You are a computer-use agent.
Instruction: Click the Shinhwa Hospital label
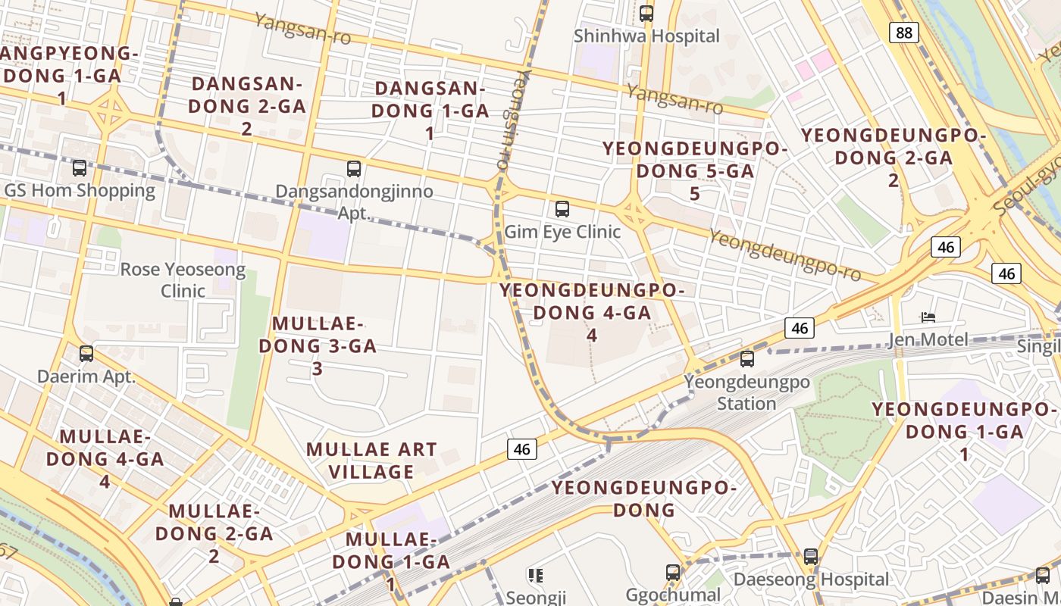click(646, 36)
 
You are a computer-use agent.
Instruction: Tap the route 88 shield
click(903, 32)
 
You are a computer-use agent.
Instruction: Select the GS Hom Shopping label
click(80, 190)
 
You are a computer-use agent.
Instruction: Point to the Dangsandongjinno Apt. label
click(354, 201)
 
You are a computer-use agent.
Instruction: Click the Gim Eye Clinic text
click(562, 232)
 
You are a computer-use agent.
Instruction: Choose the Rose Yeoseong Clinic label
click(183, 280)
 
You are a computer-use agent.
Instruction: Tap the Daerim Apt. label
click(86, 376)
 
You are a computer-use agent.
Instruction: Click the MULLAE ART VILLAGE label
click(371, 461)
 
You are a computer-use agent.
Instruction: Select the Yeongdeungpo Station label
click(747, 392)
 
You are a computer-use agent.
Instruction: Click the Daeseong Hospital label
click(811, 580)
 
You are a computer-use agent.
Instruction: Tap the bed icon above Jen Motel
click(928, 317)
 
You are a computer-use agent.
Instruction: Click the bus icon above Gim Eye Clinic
click(562, 208)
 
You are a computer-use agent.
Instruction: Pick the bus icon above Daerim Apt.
click(86, 353)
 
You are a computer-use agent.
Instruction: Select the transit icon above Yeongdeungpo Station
click(747, 358)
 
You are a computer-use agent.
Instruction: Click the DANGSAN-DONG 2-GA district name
click(246, 106)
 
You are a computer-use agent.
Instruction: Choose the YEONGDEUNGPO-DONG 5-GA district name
click(695, 171)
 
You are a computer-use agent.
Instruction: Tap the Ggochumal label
click(673, 595)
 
